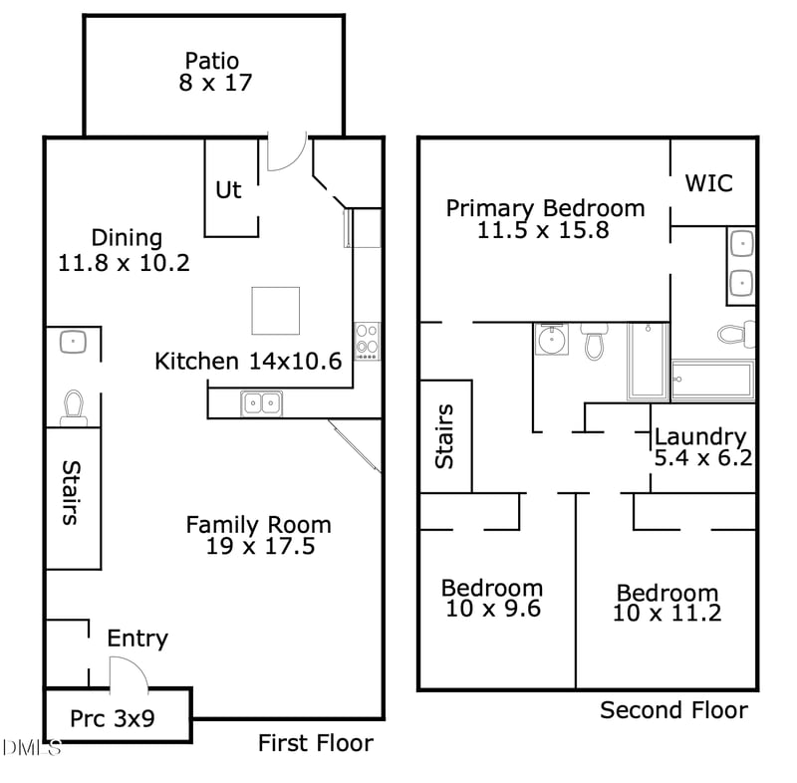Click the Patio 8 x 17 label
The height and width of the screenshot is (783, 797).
click(215, 72)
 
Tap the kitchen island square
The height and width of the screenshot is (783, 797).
click(276, 311)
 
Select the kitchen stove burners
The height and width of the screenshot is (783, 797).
click(367, 341)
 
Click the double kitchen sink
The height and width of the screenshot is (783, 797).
click(261, 403)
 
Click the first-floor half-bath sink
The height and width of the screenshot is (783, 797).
click(73, 342)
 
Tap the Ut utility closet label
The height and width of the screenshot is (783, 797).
click(228, 190)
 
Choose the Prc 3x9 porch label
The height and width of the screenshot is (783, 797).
click(113, 718)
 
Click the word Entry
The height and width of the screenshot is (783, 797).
click(137, 640)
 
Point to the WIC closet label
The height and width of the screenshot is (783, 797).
click(709, 183)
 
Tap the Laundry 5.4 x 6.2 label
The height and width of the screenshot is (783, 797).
click(702, 447)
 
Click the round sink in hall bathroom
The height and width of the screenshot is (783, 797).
click(551, 339)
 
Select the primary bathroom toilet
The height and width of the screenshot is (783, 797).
click(736, 334)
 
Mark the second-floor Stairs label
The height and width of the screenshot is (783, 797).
click(444, 436)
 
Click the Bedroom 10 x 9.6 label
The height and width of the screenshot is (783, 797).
click(492, 598)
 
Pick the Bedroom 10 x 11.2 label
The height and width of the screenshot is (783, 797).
click(666, 603)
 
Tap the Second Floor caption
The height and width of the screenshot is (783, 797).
click(674, 710)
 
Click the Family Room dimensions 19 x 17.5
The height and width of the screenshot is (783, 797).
click(260, 546)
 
